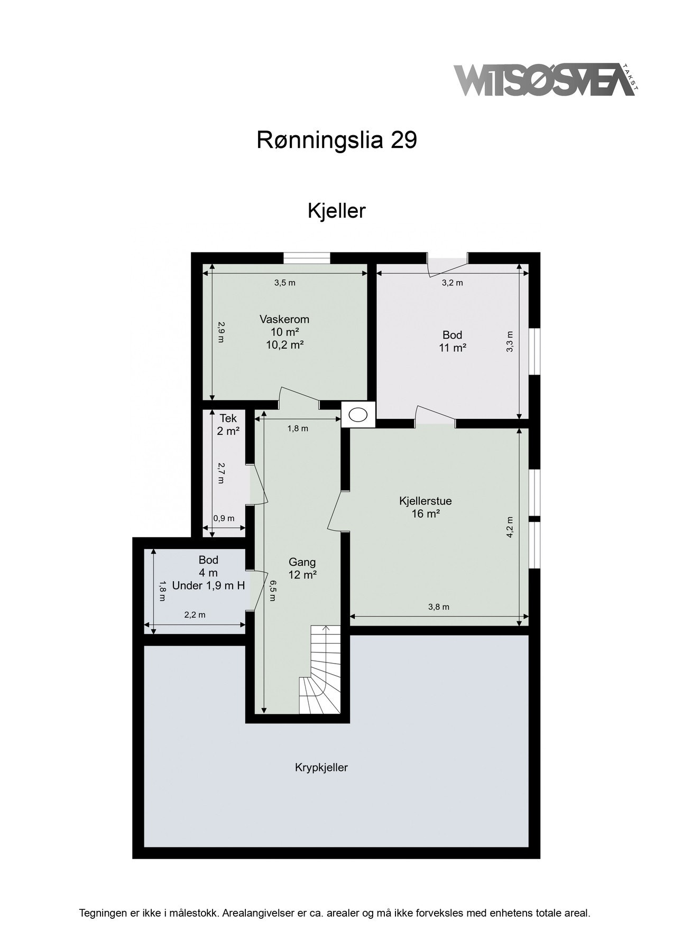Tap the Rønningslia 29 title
pyautogui.click(x=337, y=140)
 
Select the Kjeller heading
pyautogui.click(x=337, y=211)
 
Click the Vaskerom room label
pyautogui.click(x=284, y=320)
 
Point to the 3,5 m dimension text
pyautogui.click(x=284, y=283)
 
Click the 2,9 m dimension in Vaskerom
pyautogui.click(x=220, y=332)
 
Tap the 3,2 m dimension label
pyautogui.click(x=452, y=283)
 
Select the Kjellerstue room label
pyautogui.click(x=426, y=501)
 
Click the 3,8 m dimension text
pyautogui.click(x=438, y=607)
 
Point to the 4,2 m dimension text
pyautogui.click(x=510, y=527)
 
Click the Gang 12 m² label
pyautogui.click(x=302, y=568)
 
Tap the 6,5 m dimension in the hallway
pyautogui.click(x=272, y=590)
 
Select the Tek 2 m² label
pyautogui.click(x=228, y=424)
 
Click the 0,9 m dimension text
pyautogui.click(x=224, y=518)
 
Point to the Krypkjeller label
pyautogui.click(x=321, y=768)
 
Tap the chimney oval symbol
pyautogui.click(x=358, y=415)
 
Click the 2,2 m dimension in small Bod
pyautogui.click(x=195, y=614)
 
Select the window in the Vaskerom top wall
pyautogui.click(x=307, y=258)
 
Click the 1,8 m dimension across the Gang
pyautogui.click(x=298, y=428)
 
